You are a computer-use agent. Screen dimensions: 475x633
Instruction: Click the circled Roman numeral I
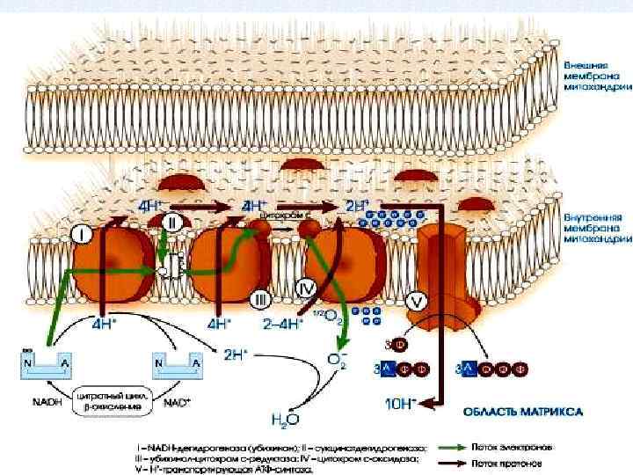[x=82, y=236]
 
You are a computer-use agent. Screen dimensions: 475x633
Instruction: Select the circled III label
[x=260, y=300]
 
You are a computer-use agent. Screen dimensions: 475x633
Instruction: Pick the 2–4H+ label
[x=282, y=324]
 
